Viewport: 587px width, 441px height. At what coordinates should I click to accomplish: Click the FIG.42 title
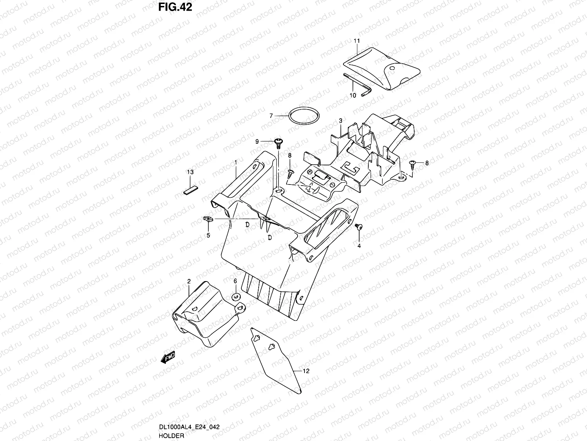point(175,7)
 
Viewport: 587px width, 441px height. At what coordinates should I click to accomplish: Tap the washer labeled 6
point(236,297)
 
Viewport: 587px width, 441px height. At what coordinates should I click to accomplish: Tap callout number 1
point(236,162)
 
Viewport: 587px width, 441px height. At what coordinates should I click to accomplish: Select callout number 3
point(340,121)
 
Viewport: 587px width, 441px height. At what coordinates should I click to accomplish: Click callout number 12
point(306,371)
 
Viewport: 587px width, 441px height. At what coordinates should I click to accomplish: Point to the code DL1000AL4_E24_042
point(190,427)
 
